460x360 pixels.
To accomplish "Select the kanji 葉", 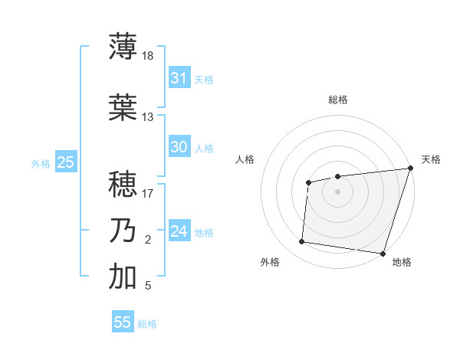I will pyautogui.click(x=123, y=108).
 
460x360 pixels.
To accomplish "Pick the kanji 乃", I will pyautogui.click(x=123, y=231).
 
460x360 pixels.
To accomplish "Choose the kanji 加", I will pyautogui.click(x=123, y=277).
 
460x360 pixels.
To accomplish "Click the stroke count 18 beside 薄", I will pyautogui.click(x=148, y=56).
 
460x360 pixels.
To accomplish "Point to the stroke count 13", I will pyautogui.click(x=148, y=117).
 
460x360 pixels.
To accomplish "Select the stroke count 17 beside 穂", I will pyautogui.click(x=148, y=194).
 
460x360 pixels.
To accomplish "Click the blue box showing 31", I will pyautogui.click(x=179, y=78).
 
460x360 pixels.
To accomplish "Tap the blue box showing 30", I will pyautogui.click(x=179, y=147).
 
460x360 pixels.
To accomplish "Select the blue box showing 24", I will pyautogui.click(x=179, y=231).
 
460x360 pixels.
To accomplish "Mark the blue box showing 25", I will pyautogui.click(x=65, y=162).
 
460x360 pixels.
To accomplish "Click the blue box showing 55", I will pyautogui.click(x=123, y=322).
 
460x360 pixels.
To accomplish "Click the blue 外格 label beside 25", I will pyautogui.click(x=41, y=163).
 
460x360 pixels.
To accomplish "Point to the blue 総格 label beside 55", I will pyautogui.click(x=147, y=324).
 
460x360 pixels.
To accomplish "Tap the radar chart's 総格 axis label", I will pyautogui.click(x=337, y=100).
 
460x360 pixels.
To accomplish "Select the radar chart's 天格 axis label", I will pyautogui.click(x=431, y=159).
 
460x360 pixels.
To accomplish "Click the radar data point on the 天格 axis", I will pyautogui.click(x=410, y=168).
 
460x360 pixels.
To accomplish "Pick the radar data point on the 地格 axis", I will pyautogui.click(x=383, y=253).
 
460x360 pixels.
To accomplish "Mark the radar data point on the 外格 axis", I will pyautogui.click(x=301, y=242).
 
